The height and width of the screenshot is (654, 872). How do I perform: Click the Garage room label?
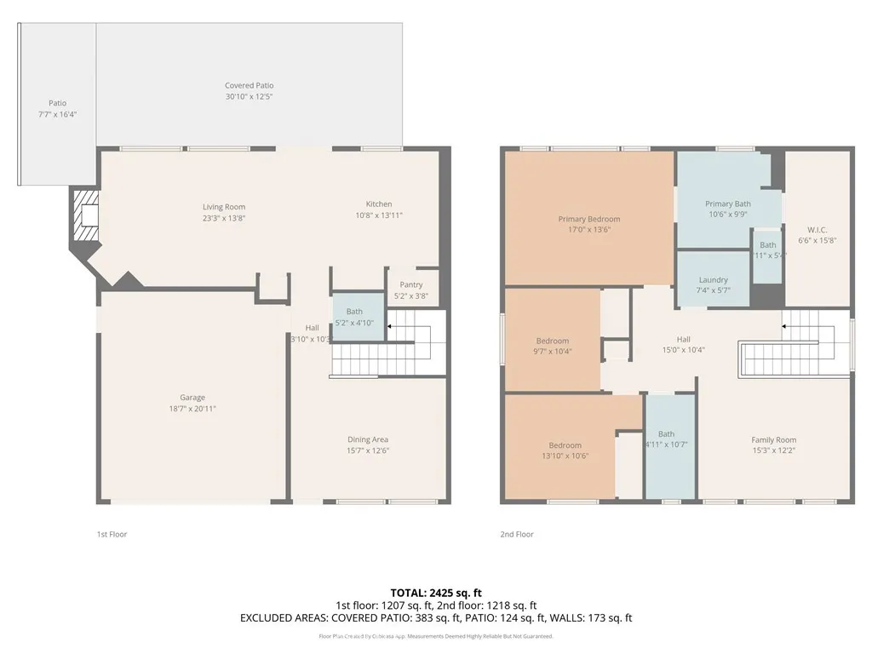[192, 398]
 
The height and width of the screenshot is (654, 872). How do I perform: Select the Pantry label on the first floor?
[410, 285]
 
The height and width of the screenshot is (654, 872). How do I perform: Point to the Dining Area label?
[367, 439]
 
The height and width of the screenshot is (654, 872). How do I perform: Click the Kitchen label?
[379, 204]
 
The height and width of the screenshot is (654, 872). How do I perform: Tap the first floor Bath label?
[354, 312]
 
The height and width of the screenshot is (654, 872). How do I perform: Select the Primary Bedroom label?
[589, 219]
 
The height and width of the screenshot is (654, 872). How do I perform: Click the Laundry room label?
[713, 280]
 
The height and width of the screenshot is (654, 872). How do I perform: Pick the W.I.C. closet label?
[817, 230]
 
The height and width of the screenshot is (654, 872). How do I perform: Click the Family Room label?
[773, 439]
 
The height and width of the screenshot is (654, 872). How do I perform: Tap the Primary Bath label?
[728, 204]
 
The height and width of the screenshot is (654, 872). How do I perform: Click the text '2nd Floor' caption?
[516, 535]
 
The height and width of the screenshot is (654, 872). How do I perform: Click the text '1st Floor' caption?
[112, 535]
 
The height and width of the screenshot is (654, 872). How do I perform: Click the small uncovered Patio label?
[57, 103]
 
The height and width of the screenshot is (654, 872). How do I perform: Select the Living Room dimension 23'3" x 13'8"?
[224, 218]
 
